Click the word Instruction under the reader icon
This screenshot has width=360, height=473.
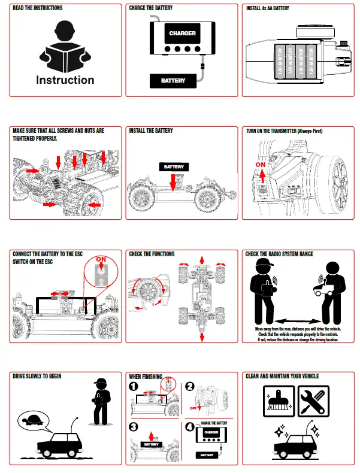(x=65, y=80)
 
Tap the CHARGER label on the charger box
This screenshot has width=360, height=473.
(x=182, y=34)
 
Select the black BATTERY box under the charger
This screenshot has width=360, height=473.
(x=173, y=80)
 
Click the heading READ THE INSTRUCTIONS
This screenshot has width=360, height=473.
(x=37, y=8)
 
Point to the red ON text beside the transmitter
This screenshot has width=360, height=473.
(x=260, y=163)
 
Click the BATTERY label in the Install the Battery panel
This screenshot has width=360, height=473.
(x=173, y=166)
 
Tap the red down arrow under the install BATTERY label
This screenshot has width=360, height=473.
(x=173, y=181)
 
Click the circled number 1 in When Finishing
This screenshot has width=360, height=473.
(x=134, y=387)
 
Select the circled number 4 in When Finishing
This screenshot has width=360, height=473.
(x=189, y=427)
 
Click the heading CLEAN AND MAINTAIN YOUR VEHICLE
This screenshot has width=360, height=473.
(x=282, y=376)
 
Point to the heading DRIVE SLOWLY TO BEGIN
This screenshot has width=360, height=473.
(x=37, y=376)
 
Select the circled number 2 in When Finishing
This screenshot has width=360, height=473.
(x=189, y=387)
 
